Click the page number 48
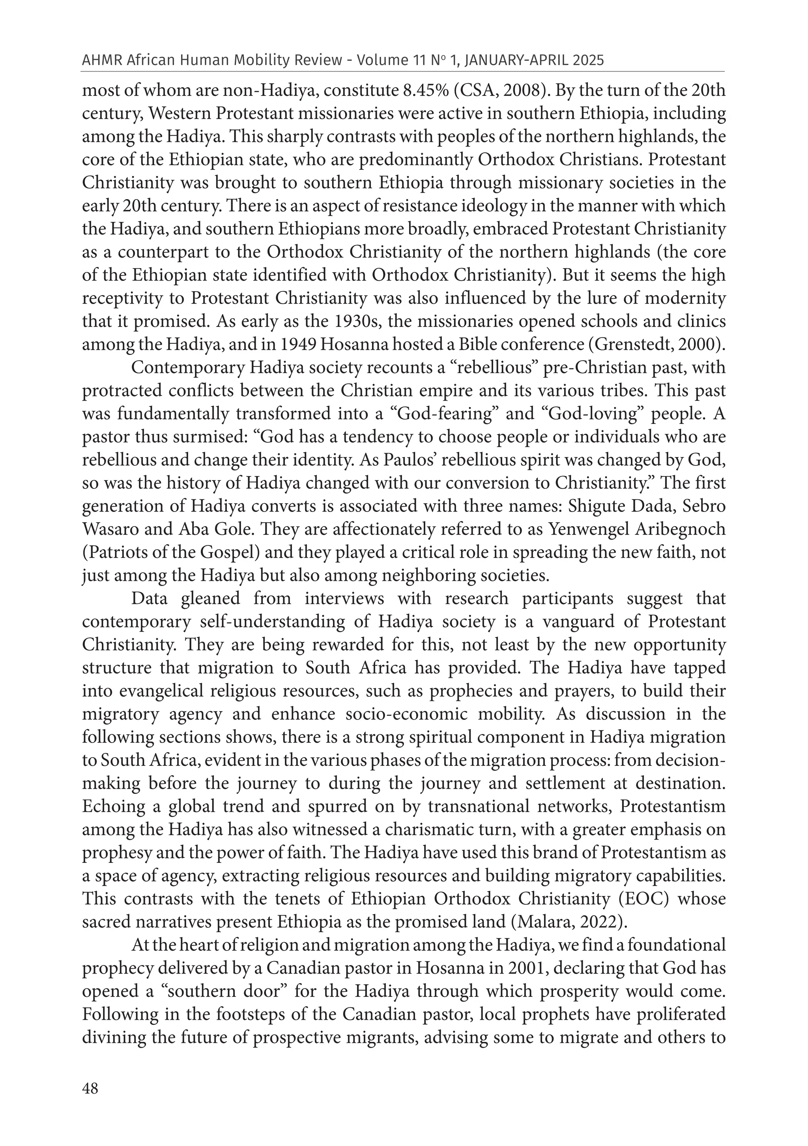pos(90,1102)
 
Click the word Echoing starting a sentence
pos(115,806)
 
